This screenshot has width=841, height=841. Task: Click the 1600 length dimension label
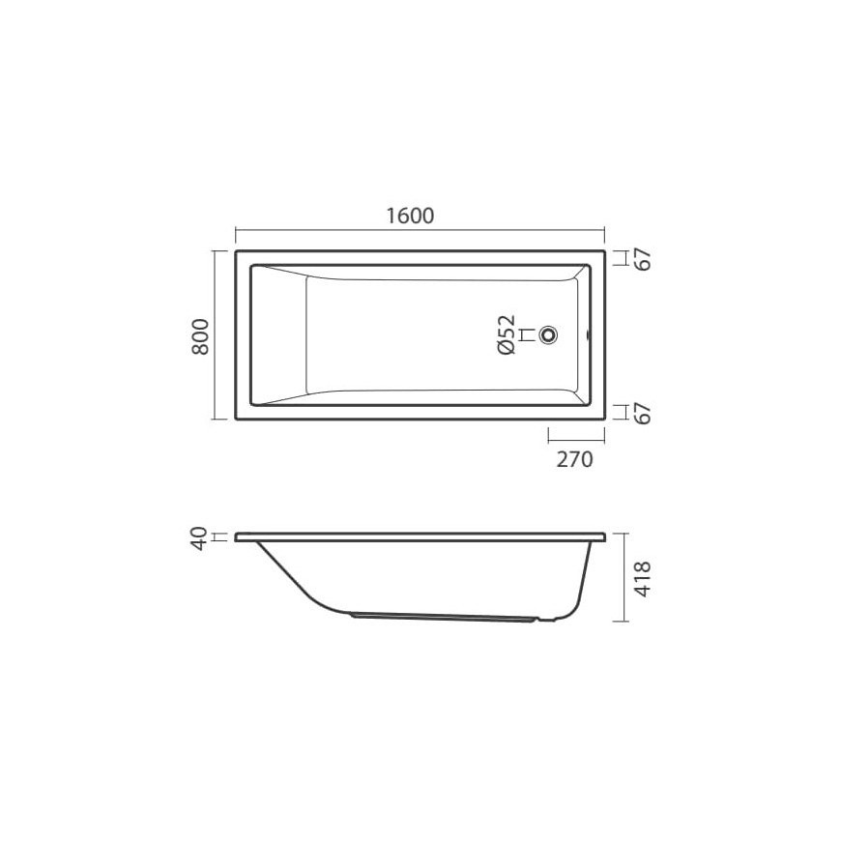(410, 216)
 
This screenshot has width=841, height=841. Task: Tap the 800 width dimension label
(201, 335)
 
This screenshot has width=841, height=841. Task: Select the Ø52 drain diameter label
(507, 334)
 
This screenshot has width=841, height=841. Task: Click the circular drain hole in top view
(549, 335)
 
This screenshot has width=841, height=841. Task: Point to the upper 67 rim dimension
(643, 259)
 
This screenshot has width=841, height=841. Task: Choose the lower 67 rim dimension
(643, 413)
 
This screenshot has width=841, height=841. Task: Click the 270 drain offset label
(574, 460)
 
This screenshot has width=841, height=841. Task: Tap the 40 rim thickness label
(199, 538)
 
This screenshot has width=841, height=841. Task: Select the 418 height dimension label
(642, 579)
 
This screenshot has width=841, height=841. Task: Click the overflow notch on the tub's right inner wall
(589, 335)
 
